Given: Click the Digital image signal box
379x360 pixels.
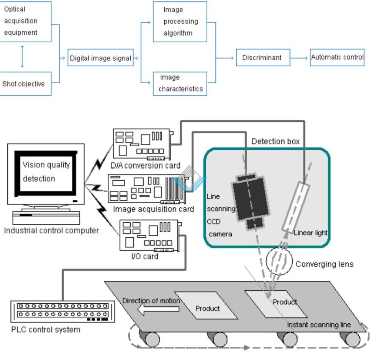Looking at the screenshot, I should [100, 58].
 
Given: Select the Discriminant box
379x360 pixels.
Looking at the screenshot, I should [263, 58].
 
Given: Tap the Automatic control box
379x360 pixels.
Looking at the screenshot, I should [337, 57].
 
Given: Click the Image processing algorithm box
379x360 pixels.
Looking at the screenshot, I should [180, 21].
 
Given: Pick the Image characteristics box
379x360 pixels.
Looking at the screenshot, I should [180, 83].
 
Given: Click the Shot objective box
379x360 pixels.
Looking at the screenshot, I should [24, 84].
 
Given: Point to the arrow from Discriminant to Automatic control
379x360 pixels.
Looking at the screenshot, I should [300, 58].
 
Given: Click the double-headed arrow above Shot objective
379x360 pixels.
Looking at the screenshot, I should [22, 56].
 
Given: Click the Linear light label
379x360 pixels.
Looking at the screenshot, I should [311, 233].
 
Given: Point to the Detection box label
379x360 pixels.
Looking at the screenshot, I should [275, 141].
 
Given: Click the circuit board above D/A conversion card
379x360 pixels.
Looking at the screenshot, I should [143, 144].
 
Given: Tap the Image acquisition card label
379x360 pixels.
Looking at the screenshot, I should [153, 209].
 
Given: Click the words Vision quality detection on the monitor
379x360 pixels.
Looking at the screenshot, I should [46, 171].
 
